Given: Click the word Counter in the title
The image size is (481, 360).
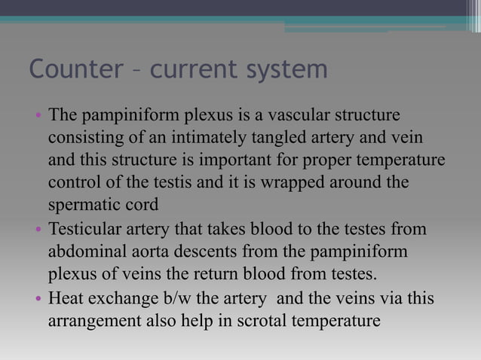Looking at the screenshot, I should coord(74,69).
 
